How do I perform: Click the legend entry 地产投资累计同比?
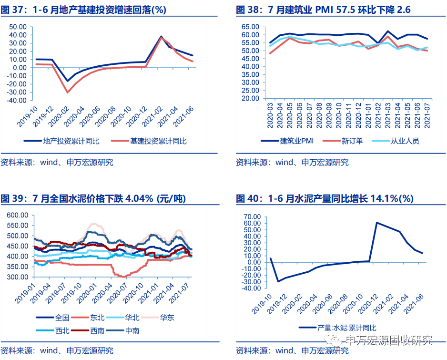tap(61, 141)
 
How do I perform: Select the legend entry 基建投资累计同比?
tap(149, 141)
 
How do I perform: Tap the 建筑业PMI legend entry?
tap(287, 141)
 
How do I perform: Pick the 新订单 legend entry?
tap(343, 141)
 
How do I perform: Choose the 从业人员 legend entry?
tap(396, 141)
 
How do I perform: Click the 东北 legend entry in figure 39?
tap(88, 318)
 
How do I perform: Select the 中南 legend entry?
tap(122, 330)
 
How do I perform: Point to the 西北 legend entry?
tap(53, 330)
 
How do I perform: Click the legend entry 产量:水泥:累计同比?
tap(337, 328)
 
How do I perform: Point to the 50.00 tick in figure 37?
tap(18, 27)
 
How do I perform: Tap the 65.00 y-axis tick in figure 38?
tap(250, 27)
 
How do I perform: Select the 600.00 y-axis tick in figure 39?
tap(17, 215)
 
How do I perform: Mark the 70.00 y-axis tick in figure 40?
tap(252, 217)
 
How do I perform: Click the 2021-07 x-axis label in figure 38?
tap(427, 115)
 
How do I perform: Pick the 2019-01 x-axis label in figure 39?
tap(25, 293)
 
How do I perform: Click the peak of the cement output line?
tap(376, 223)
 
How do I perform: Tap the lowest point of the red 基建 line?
tap(68, 93)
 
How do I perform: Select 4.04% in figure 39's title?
tap(139, 198)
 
